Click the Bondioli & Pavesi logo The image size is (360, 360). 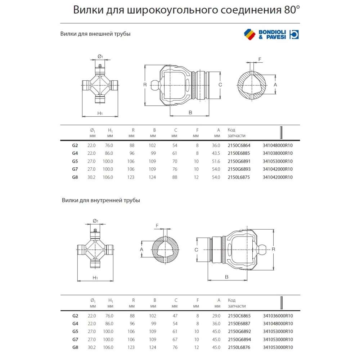tap(271, 34)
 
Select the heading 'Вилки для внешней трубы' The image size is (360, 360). tap(95, 34)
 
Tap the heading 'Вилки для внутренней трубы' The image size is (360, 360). tap(101, 200)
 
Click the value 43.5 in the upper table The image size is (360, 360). tap(216, 153)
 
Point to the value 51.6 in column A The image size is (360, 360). tap(216, 161)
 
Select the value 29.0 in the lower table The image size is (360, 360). tap(216, 316)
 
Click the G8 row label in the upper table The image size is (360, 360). tap(75, 177)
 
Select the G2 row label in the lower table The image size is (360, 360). tap(75, 316)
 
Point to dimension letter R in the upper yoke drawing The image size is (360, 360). tap(144, 85)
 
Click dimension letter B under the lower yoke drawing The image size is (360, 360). tap(226, 277)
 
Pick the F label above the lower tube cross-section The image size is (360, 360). tap(157, 225)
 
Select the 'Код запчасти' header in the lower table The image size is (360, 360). tap(236, 303)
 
